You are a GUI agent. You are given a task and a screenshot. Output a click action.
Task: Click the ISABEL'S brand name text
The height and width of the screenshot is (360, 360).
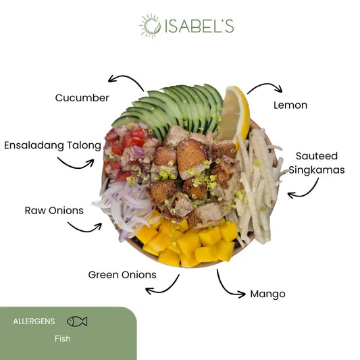click(199, 26)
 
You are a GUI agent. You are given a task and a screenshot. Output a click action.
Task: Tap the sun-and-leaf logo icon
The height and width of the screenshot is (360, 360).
click(150, 26)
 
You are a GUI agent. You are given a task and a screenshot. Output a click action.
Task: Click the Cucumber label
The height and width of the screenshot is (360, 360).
click(82, 98)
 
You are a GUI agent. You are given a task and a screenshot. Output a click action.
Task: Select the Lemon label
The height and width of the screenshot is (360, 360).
click(290, 105)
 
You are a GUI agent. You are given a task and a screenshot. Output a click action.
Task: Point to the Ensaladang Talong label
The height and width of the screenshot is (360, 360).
click(53, 146)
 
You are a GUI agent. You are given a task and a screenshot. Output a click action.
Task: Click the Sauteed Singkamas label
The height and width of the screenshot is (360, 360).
click(317, 163)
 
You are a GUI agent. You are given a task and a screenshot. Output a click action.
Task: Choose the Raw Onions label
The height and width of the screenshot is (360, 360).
click(54, 211)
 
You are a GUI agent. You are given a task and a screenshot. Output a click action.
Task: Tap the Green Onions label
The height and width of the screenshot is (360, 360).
click(122, 275)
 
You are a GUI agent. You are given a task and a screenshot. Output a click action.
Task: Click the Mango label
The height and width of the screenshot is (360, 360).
click(267, 294)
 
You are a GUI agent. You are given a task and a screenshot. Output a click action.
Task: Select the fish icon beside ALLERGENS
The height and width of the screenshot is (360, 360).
click(77, 322)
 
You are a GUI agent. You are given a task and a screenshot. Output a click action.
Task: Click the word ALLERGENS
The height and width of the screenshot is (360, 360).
click(34, 322)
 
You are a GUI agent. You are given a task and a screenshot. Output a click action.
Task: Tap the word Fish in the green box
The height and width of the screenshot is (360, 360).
click(62, 338)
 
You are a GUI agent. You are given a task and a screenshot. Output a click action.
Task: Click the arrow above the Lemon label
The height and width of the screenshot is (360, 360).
click(266, 84)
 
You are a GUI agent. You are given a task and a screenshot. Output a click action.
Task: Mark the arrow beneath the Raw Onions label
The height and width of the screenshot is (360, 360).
click(85, 230)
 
